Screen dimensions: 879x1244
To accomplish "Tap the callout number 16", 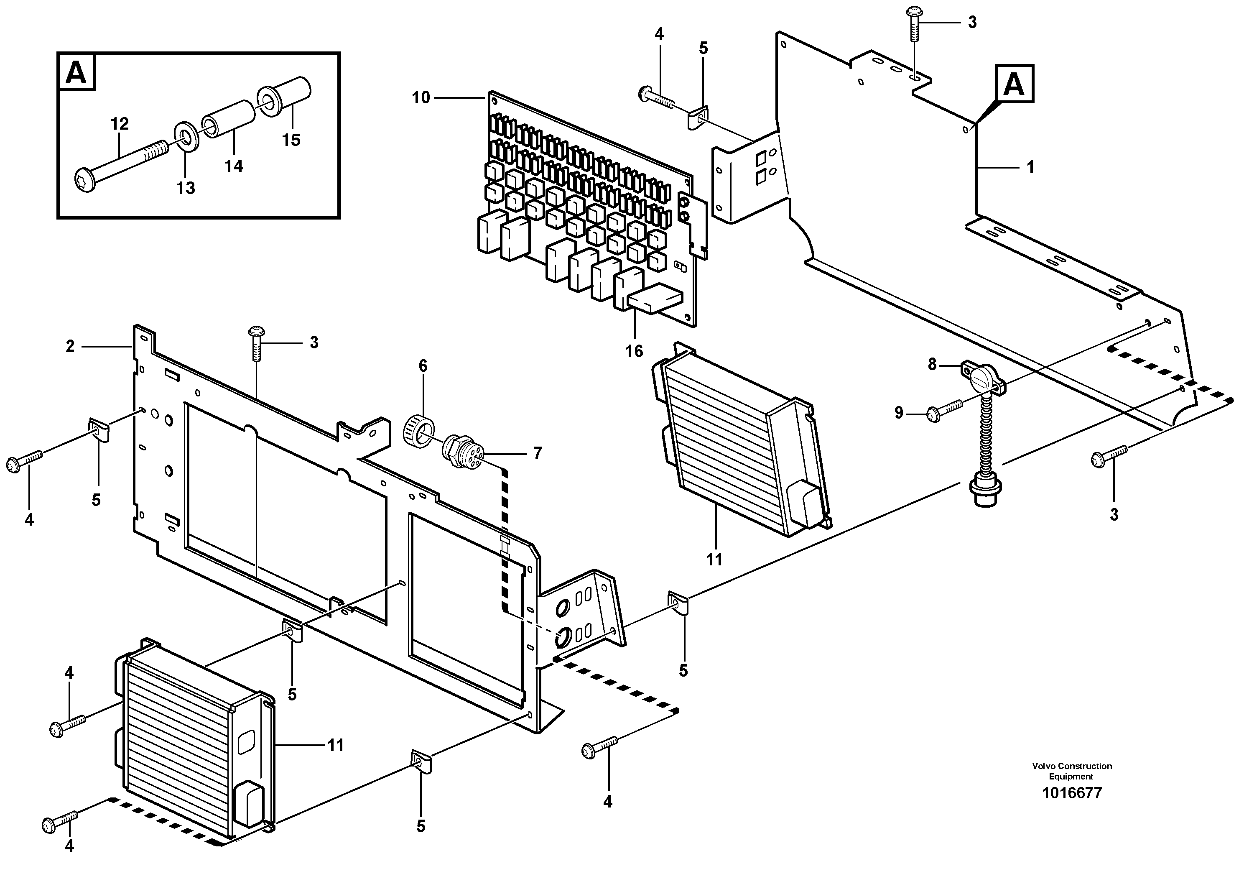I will [x=634, y=351].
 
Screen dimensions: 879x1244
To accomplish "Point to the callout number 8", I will [x=932, y=365].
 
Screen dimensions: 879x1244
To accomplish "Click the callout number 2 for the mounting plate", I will [x=70, y=346].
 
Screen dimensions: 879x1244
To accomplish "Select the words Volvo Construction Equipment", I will [x=1072, y=771].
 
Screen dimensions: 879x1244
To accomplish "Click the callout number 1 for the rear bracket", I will [x=1030, y=167].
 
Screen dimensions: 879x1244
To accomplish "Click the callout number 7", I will [x=537, y=453].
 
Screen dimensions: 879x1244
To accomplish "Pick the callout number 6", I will [x=423, y=366].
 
